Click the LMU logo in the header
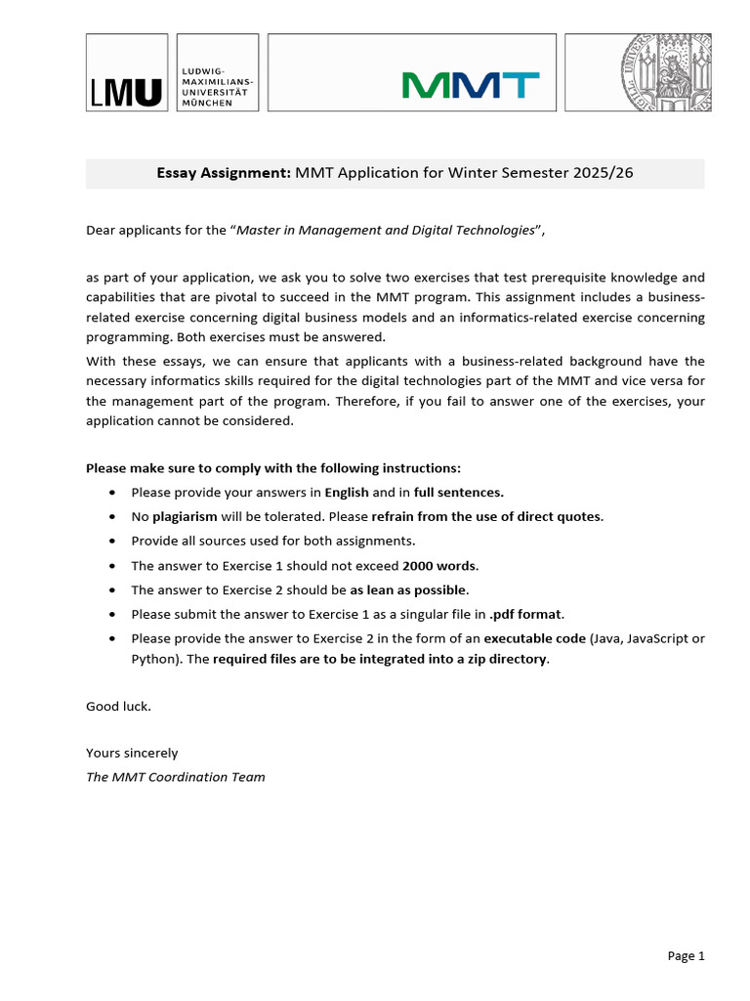pyautogui.click(x=127, y=92)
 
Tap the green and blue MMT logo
pyautogui.click(x=471, y=85)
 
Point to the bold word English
pyautogui.click(x=346, y=492)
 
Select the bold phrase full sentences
pyautogui.click(x=458, y=492)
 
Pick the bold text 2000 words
pyautogui.click(x=439, y=565)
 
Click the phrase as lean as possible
pyautogui.click(x=409, y=589)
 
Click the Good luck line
pyautogui.click(x=118, y=706)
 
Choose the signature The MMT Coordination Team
pyautogui.click(x=175, y=777)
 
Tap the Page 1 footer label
pyautogui.click(x=686, y=956)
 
